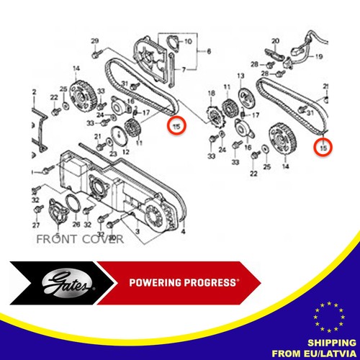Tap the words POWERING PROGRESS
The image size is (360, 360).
[186, 282]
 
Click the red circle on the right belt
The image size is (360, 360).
[324, 147]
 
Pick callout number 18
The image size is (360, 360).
[211, 94]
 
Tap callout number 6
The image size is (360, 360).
[209, 52]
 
